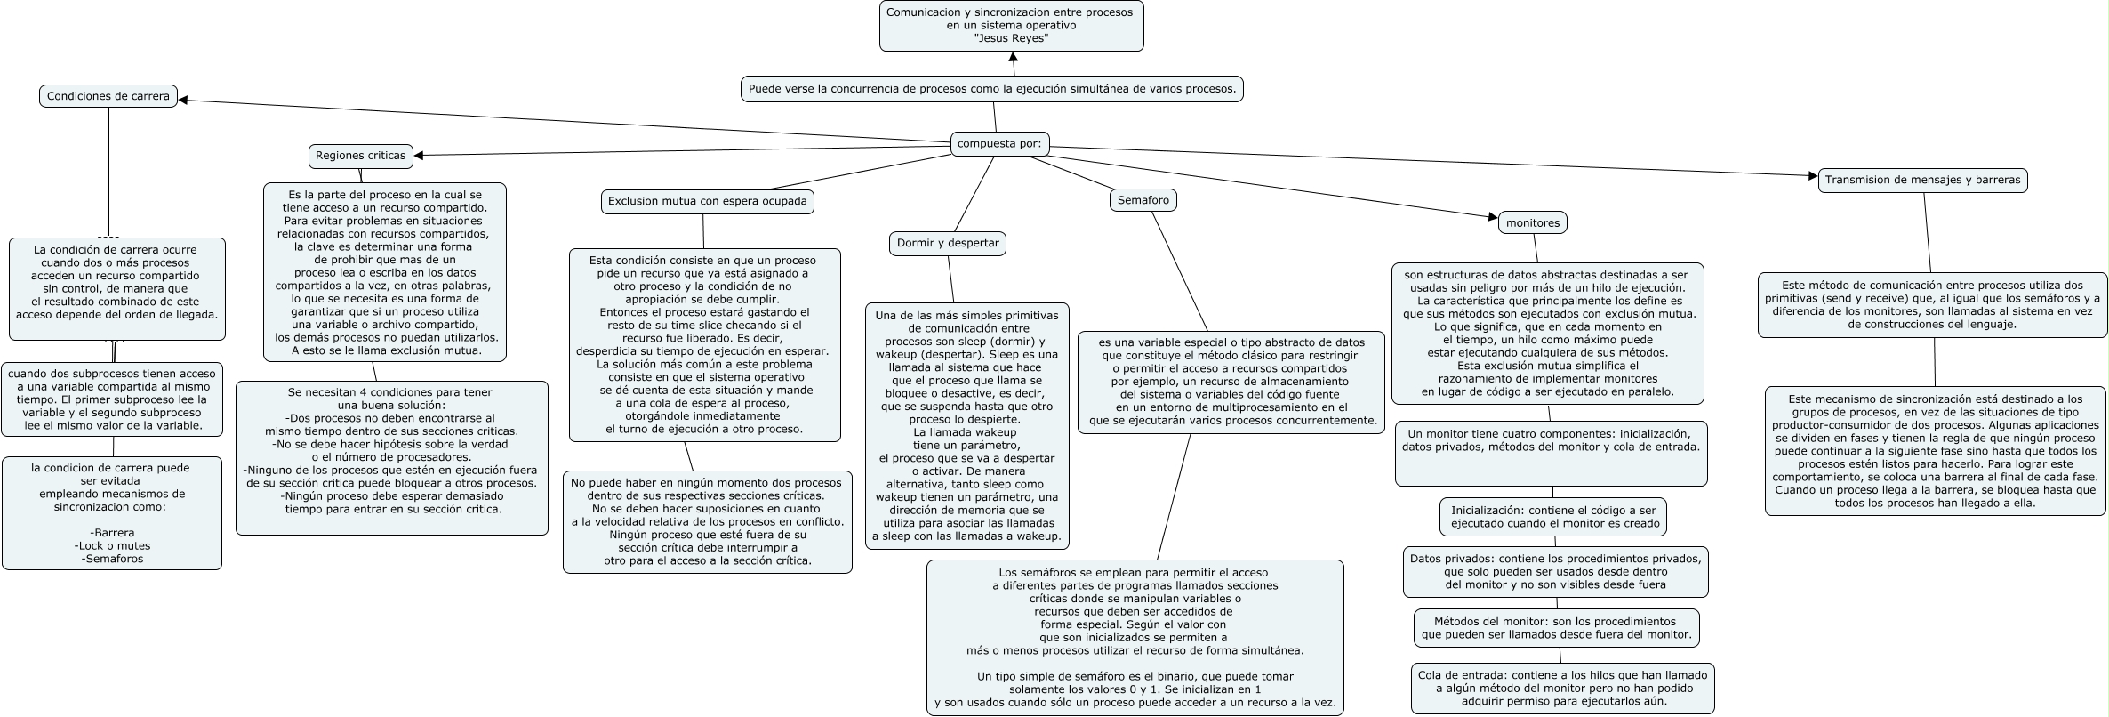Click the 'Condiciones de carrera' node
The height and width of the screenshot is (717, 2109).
point(108,96)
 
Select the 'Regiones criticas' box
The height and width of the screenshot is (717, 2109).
point(360,156)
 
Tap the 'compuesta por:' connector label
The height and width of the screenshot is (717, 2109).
point(999,143)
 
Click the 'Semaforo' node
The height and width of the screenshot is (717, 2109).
point(1143,200)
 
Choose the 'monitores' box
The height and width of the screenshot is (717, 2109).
point(1533,222)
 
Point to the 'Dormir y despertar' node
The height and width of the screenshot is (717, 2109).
point(948,243)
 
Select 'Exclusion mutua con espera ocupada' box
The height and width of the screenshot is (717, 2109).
point(707,201)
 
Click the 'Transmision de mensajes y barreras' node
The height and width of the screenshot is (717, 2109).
point(1922,180)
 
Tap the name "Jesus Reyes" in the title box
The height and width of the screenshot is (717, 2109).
point(1012,39)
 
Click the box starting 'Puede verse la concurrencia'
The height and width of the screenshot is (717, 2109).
point(991,89)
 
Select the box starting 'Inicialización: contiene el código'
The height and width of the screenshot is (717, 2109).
point(1552,517)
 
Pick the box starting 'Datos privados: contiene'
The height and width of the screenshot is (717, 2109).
point(1555,571)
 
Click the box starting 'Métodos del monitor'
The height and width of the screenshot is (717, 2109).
point(1556,628)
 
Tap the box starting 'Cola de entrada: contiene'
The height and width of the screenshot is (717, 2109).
point(1562,688)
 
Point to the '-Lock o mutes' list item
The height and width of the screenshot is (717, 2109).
point(113,545)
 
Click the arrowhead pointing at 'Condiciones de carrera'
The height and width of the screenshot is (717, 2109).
point(184,100)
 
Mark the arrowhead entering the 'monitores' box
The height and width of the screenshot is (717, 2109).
point(1493,216)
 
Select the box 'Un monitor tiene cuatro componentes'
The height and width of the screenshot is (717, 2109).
point(1551,453)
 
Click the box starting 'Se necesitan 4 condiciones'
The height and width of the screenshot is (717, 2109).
point(391,457)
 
